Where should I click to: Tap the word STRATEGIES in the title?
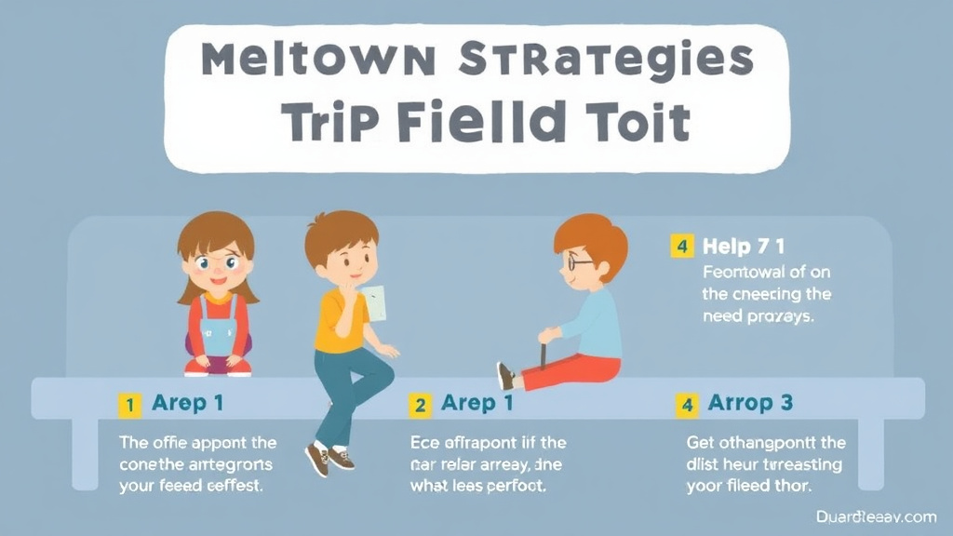point(606,60)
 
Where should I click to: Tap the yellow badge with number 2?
point(421,404)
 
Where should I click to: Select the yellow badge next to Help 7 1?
point(682,247)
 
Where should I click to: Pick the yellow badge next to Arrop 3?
point(687,404)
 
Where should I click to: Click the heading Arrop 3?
point(750,403)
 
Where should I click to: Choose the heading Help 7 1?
point(744,247)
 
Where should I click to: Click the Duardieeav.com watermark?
point(875,516)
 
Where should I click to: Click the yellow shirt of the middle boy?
point(336,321)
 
